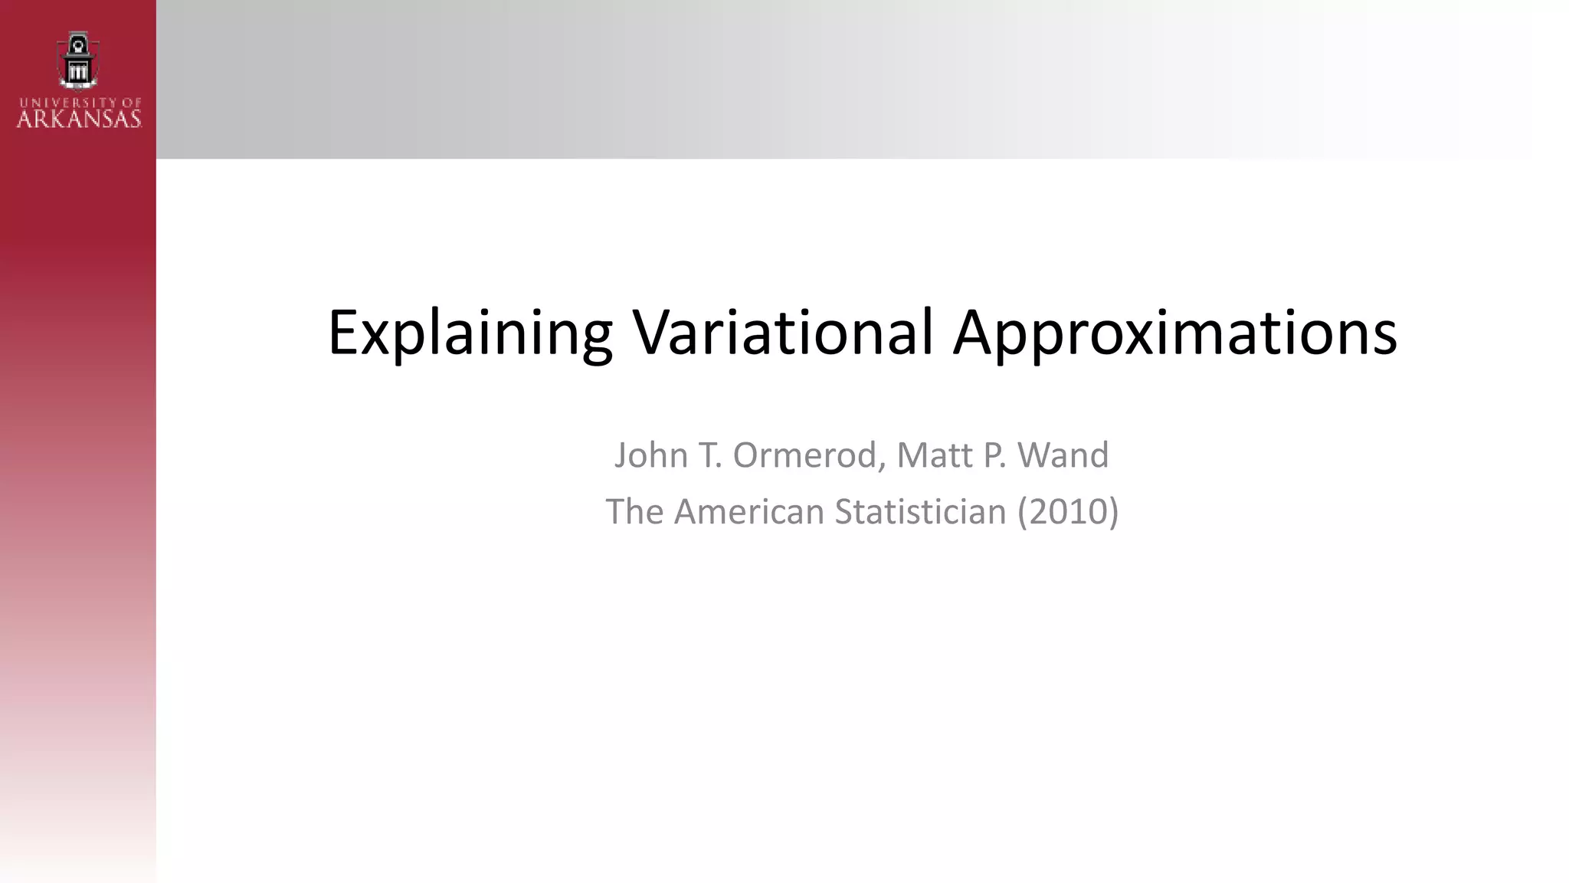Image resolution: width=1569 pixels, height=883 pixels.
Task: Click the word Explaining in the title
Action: (x=470, y=333)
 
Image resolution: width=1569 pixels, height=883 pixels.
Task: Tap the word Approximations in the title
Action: (x=1174, y=333)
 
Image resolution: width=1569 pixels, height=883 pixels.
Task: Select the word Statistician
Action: (x=920, y=511)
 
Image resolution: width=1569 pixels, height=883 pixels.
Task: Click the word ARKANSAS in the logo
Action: (x=79, y=119)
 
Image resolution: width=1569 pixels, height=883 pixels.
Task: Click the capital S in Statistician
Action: (x=845, y=511)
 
